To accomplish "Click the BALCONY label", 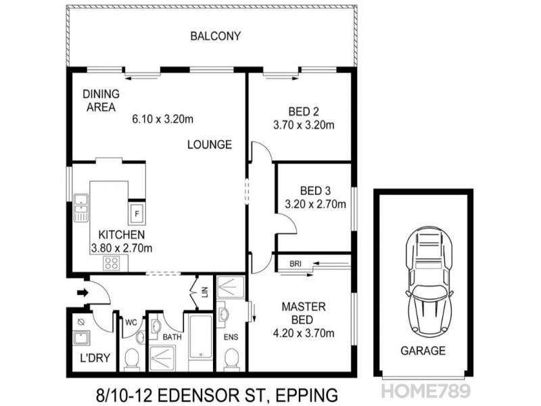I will tap(215, 36).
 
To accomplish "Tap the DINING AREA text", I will tap(101, 100).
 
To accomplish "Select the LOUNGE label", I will tap(210, 144).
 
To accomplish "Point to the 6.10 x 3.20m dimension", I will tap(163, 120).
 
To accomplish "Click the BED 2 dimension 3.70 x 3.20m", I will tap(304, 125).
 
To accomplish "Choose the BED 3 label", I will tap(314, 190).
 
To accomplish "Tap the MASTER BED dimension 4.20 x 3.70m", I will tap(304, 333).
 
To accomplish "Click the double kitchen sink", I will tap(81, 208).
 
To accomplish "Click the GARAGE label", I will tap(423, 351).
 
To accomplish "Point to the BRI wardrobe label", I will tap(295, 263).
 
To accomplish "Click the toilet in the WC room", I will tap(131, 357).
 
